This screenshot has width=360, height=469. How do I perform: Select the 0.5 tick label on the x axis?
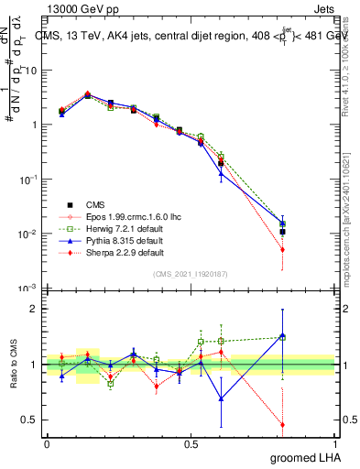(x=191, y=443)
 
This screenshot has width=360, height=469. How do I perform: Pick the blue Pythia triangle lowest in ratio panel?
(x=221, y=398)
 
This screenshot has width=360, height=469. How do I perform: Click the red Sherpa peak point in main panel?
(x=87, y=93)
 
